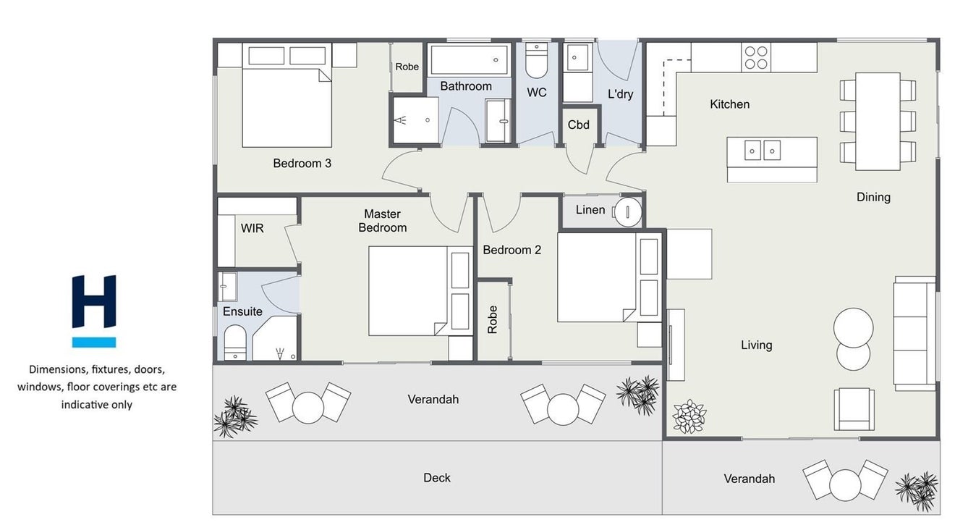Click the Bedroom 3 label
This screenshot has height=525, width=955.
[x=302, y=164]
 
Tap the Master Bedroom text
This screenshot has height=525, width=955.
[x=383, y=221]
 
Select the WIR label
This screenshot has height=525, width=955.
[x=252, y=228]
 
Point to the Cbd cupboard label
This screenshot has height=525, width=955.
[x=579, y=125]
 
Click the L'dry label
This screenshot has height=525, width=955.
[x=620, y=94]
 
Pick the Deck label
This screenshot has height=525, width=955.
[x=436, y=478]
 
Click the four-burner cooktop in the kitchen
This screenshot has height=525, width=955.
[x=756, y=58]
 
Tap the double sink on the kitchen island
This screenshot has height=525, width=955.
[x=763, y=151]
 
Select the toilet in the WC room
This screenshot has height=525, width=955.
[x=536, y=60]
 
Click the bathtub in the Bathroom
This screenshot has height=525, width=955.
[x=469, y=60]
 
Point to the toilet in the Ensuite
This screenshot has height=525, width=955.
[x=235, y=343]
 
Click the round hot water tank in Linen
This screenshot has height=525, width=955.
[x=627, y=211]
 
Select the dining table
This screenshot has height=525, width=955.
[x=878, y=122]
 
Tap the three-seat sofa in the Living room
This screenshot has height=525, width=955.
[x=915, y=333]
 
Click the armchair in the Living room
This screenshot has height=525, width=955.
[x=854, y=409]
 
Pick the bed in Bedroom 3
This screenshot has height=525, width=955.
[x=287, y=95]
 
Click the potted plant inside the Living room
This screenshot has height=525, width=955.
[x=689, y=416]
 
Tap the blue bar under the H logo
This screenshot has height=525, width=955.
[x=94, y=343]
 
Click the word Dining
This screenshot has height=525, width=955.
[x=873, y=197]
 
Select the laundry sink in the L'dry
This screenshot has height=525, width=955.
[x=577, y=57]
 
